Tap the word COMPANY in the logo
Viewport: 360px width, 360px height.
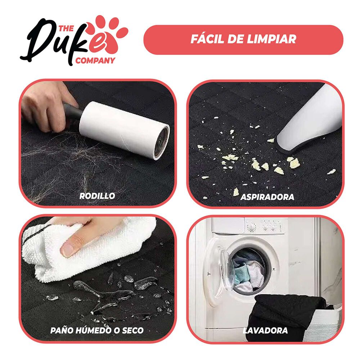coord(95,60)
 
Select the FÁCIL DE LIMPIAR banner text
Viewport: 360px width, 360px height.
coord(243,39)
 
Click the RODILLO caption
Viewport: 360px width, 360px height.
coord(97,196)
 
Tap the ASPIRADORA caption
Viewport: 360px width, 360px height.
coord(267,197)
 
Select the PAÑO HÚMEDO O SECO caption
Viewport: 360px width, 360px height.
coord(97,330)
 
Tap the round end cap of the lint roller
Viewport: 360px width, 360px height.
coord(162,142)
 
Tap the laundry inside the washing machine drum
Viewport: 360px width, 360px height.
coord(248,270)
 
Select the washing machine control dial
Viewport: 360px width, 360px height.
coord(252,227)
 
